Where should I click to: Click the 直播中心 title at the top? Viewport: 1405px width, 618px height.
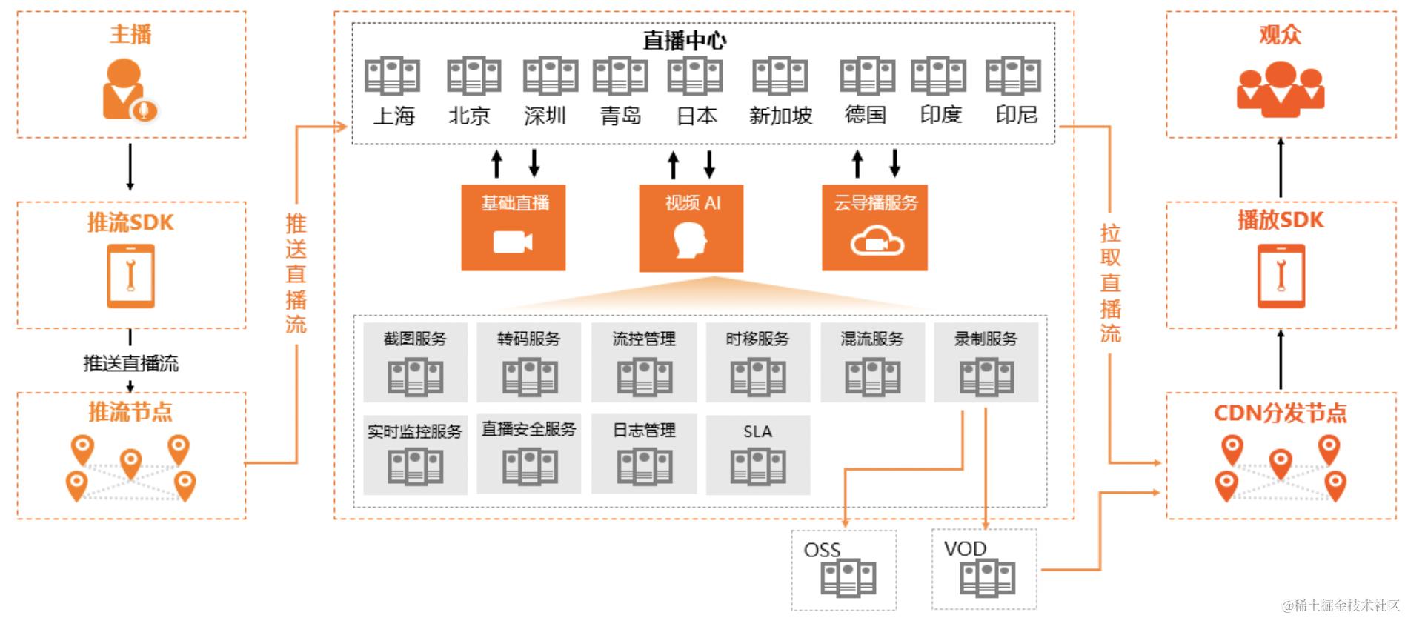pyautogui.click(x=684, y=40)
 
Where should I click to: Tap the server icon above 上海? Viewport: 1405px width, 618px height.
pyautogui.click(x=392, y=76)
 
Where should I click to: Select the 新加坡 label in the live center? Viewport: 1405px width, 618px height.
pyautogui.click(x=780, y=116)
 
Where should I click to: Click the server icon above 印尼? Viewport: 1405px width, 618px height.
pyautogui.click(x=1013, y=76)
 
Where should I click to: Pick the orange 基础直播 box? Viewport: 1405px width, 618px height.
pyautogui.click(x=513, y=227)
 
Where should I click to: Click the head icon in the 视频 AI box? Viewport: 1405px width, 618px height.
pyautogui.click(x=690, y=241)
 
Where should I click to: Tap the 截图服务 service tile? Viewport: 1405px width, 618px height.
pyautogui.click(x=415, y=362)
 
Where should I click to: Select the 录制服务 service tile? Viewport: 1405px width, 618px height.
pyautogui.click(x=986, y=362)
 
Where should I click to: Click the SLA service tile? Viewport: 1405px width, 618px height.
pyautogui.click(x=757, y=454)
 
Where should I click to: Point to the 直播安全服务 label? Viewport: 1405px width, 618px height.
pyautogui.click(x=528, y=429)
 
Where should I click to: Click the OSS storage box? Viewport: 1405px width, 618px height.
pyautogui.click(x=843, y=570)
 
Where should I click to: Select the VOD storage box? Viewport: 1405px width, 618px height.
pyautogui.click(x=984, y=568)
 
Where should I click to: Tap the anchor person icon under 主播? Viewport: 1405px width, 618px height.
pyautogui.click(x=129, y=90)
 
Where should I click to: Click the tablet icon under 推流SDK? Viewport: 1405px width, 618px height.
pyautogui.click(x=130, y=276)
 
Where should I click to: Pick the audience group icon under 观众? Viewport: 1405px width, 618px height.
pyautogui.click(x=1280, y=89)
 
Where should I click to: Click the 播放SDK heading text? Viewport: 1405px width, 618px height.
pyautogui.click(x=1280, y=220)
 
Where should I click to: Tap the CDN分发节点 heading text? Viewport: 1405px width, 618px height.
pyautogui.click(x=1280, y=413)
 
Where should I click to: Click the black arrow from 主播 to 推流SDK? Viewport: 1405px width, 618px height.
pyautogui.click(x=130, y=167)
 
